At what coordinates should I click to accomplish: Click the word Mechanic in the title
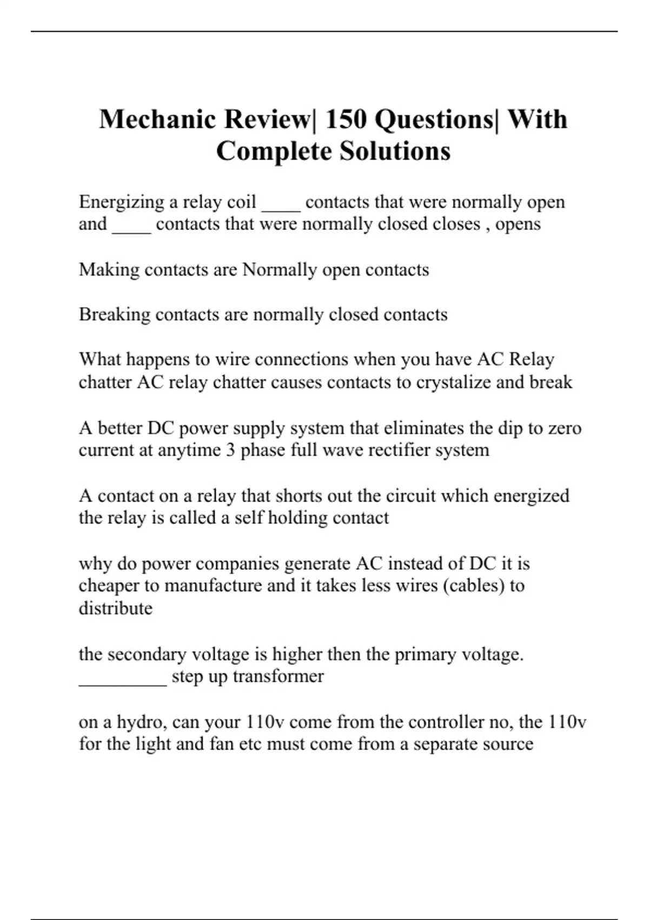[157, 119]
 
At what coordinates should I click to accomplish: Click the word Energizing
[121, 202]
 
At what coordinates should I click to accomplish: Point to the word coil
[241, 202]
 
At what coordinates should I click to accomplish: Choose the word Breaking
[114, 315]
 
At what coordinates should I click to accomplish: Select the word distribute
[115, 608]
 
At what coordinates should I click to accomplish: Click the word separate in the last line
[448, 744]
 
